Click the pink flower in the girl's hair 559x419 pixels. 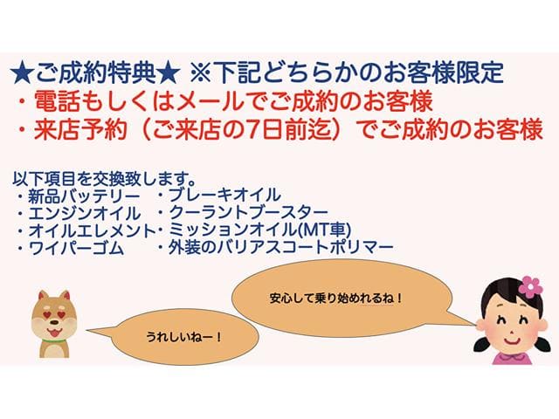[x=530, y=287]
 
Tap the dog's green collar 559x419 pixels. [x=54, y=340]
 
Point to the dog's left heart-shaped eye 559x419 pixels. [x=45, y=314]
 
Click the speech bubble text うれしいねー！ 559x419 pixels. [x=184, y=336]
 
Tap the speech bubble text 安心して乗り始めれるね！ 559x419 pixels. [x=336, y=298]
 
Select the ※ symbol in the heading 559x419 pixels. [x=201, y=73]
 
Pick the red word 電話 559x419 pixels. [x=57, y=101]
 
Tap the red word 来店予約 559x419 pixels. [x=80, y=129]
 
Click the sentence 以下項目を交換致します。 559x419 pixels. [x=104, y=178]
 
